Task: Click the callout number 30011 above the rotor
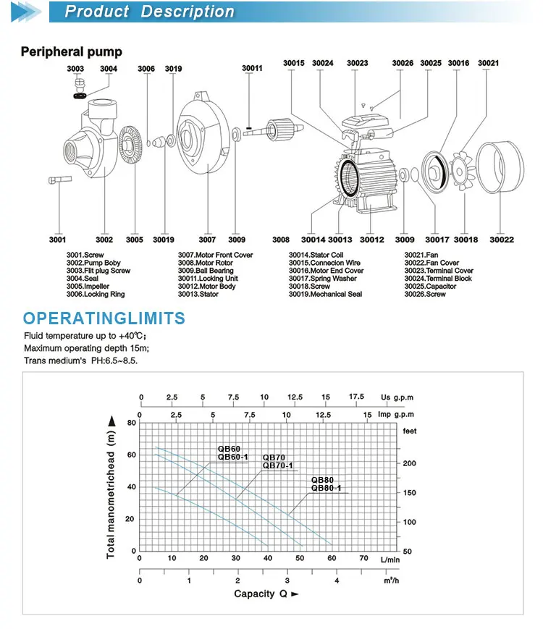(252, 68)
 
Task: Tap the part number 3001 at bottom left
(57, 240)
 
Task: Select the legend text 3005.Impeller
(88, 287)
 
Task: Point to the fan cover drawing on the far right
(500, 167)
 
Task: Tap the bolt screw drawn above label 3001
(60, 180)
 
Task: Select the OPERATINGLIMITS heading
(104, 318)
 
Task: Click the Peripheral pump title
(72, 51)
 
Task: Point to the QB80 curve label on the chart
(322, 480)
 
